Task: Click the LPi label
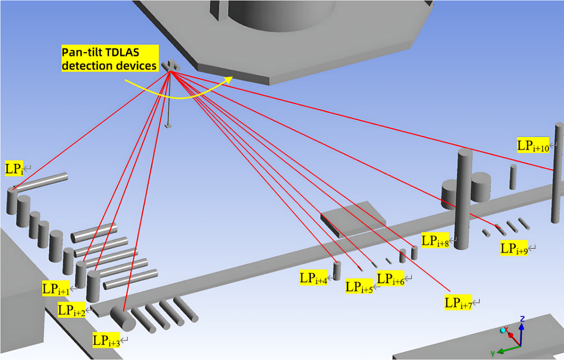point(14,169)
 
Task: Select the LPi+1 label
point(56,288)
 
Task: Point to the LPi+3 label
point(106,341)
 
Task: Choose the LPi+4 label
point(313,278)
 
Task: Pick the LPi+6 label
point(391,279)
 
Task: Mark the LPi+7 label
point(458,302)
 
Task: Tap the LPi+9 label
point(514,248)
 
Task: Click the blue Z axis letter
point(522,318)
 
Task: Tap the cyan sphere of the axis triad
point(502,331)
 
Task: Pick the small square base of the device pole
point(169,125)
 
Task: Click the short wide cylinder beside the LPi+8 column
point(480,186)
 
